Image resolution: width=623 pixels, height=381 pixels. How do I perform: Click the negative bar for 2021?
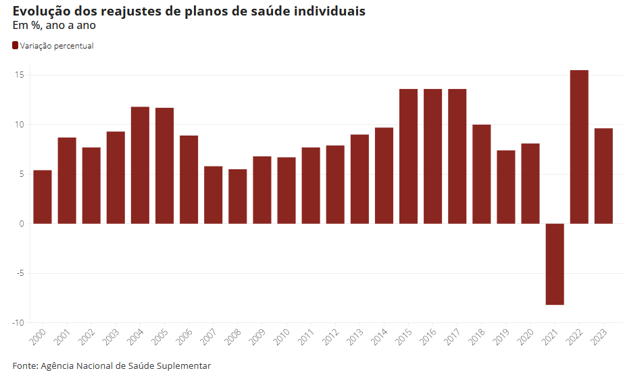(555, 264)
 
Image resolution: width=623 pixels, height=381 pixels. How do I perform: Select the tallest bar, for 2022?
(579, 147)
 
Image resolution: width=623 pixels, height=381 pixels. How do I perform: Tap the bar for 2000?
(43, 197)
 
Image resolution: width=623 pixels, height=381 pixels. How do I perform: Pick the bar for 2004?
(140, 165)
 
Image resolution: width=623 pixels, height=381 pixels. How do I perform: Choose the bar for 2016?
(432, 156)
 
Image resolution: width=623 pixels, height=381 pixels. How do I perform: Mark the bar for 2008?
(238, 196)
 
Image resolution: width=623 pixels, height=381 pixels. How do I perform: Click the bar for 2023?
(603, 176)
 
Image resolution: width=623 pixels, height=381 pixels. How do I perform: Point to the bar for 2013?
(359, 179)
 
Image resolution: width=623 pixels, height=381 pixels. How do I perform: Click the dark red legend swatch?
(16, 46)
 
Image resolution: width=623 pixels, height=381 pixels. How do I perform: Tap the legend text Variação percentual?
(57, 46)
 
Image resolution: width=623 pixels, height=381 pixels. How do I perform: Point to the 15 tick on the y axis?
(19, 75)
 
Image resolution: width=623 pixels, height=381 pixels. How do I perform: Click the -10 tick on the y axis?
(18, 323)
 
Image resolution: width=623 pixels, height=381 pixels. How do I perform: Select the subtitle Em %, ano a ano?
(54, 26)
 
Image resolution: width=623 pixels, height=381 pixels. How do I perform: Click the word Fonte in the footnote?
(24, 365)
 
